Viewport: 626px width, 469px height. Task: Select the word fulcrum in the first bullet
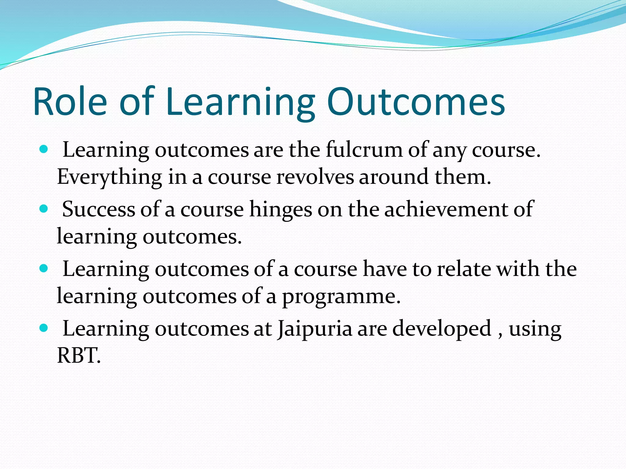click(x=364, y=150)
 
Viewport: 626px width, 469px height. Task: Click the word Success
click(x=98, y=209)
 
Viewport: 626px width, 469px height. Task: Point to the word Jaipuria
click(x=315, y=329)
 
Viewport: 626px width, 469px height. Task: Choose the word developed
click(x=441, y=329)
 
